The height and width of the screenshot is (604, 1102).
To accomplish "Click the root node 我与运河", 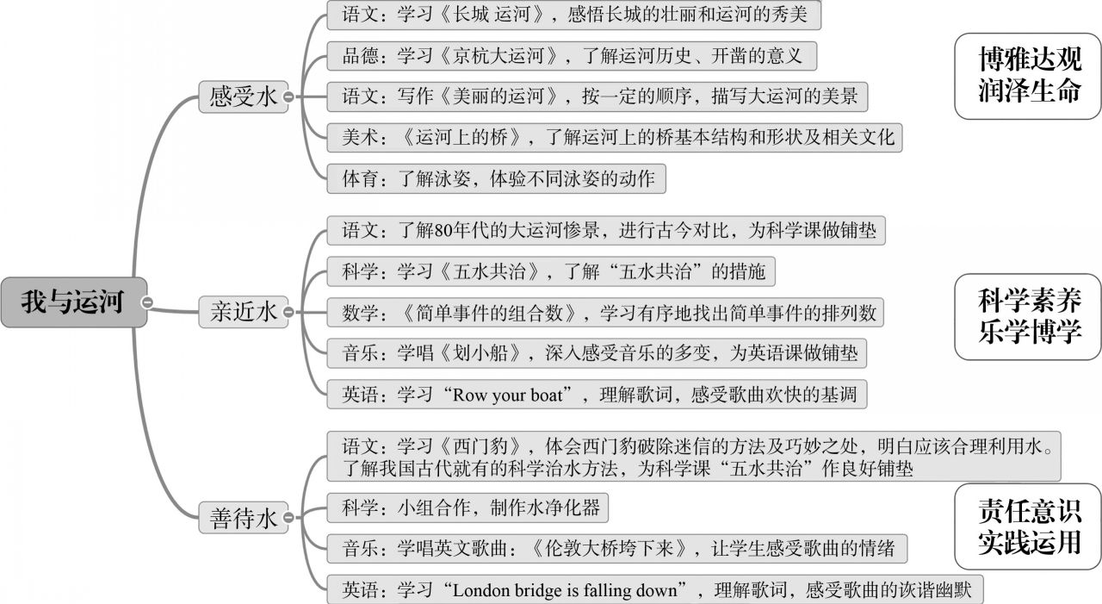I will [72, 302].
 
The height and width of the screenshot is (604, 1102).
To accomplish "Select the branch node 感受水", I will [244, 97].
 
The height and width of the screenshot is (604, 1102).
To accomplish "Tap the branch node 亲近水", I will [244, 311].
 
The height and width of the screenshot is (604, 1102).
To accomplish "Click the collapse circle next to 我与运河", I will [149, 302].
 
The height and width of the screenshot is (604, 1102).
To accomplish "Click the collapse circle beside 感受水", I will [288, 97].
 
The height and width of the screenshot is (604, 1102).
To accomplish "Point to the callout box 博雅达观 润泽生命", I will [1029, 75].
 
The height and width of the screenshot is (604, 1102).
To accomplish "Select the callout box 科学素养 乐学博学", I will [1029, 315].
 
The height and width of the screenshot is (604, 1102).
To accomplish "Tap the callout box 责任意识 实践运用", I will [1029, 526].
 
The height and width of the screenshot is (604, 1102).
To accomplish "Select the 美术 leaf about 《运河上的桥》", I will [615, 137].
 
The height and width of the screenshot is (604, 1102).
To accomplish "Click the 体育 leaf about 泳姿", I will [497, 179].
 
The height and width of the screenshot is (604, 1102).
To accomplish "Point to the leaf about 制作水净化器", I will [467, 507].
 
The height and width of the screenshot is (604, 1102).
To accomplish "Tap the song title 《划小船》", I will [493, 353].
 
